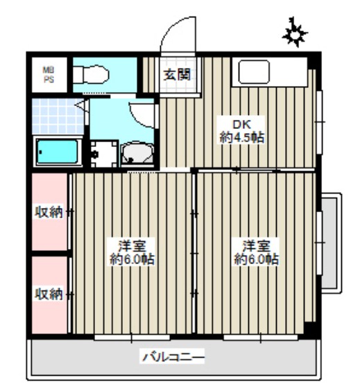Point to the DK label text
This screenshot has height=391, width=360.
[x=241, y=125]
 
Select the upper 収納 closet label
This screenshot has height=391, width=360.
[x=49, y=212]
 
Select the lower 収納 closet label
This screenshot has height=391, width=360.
[x=49, y=294]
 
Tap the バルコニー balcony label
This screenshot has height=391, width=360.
[x=173, y=358]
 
